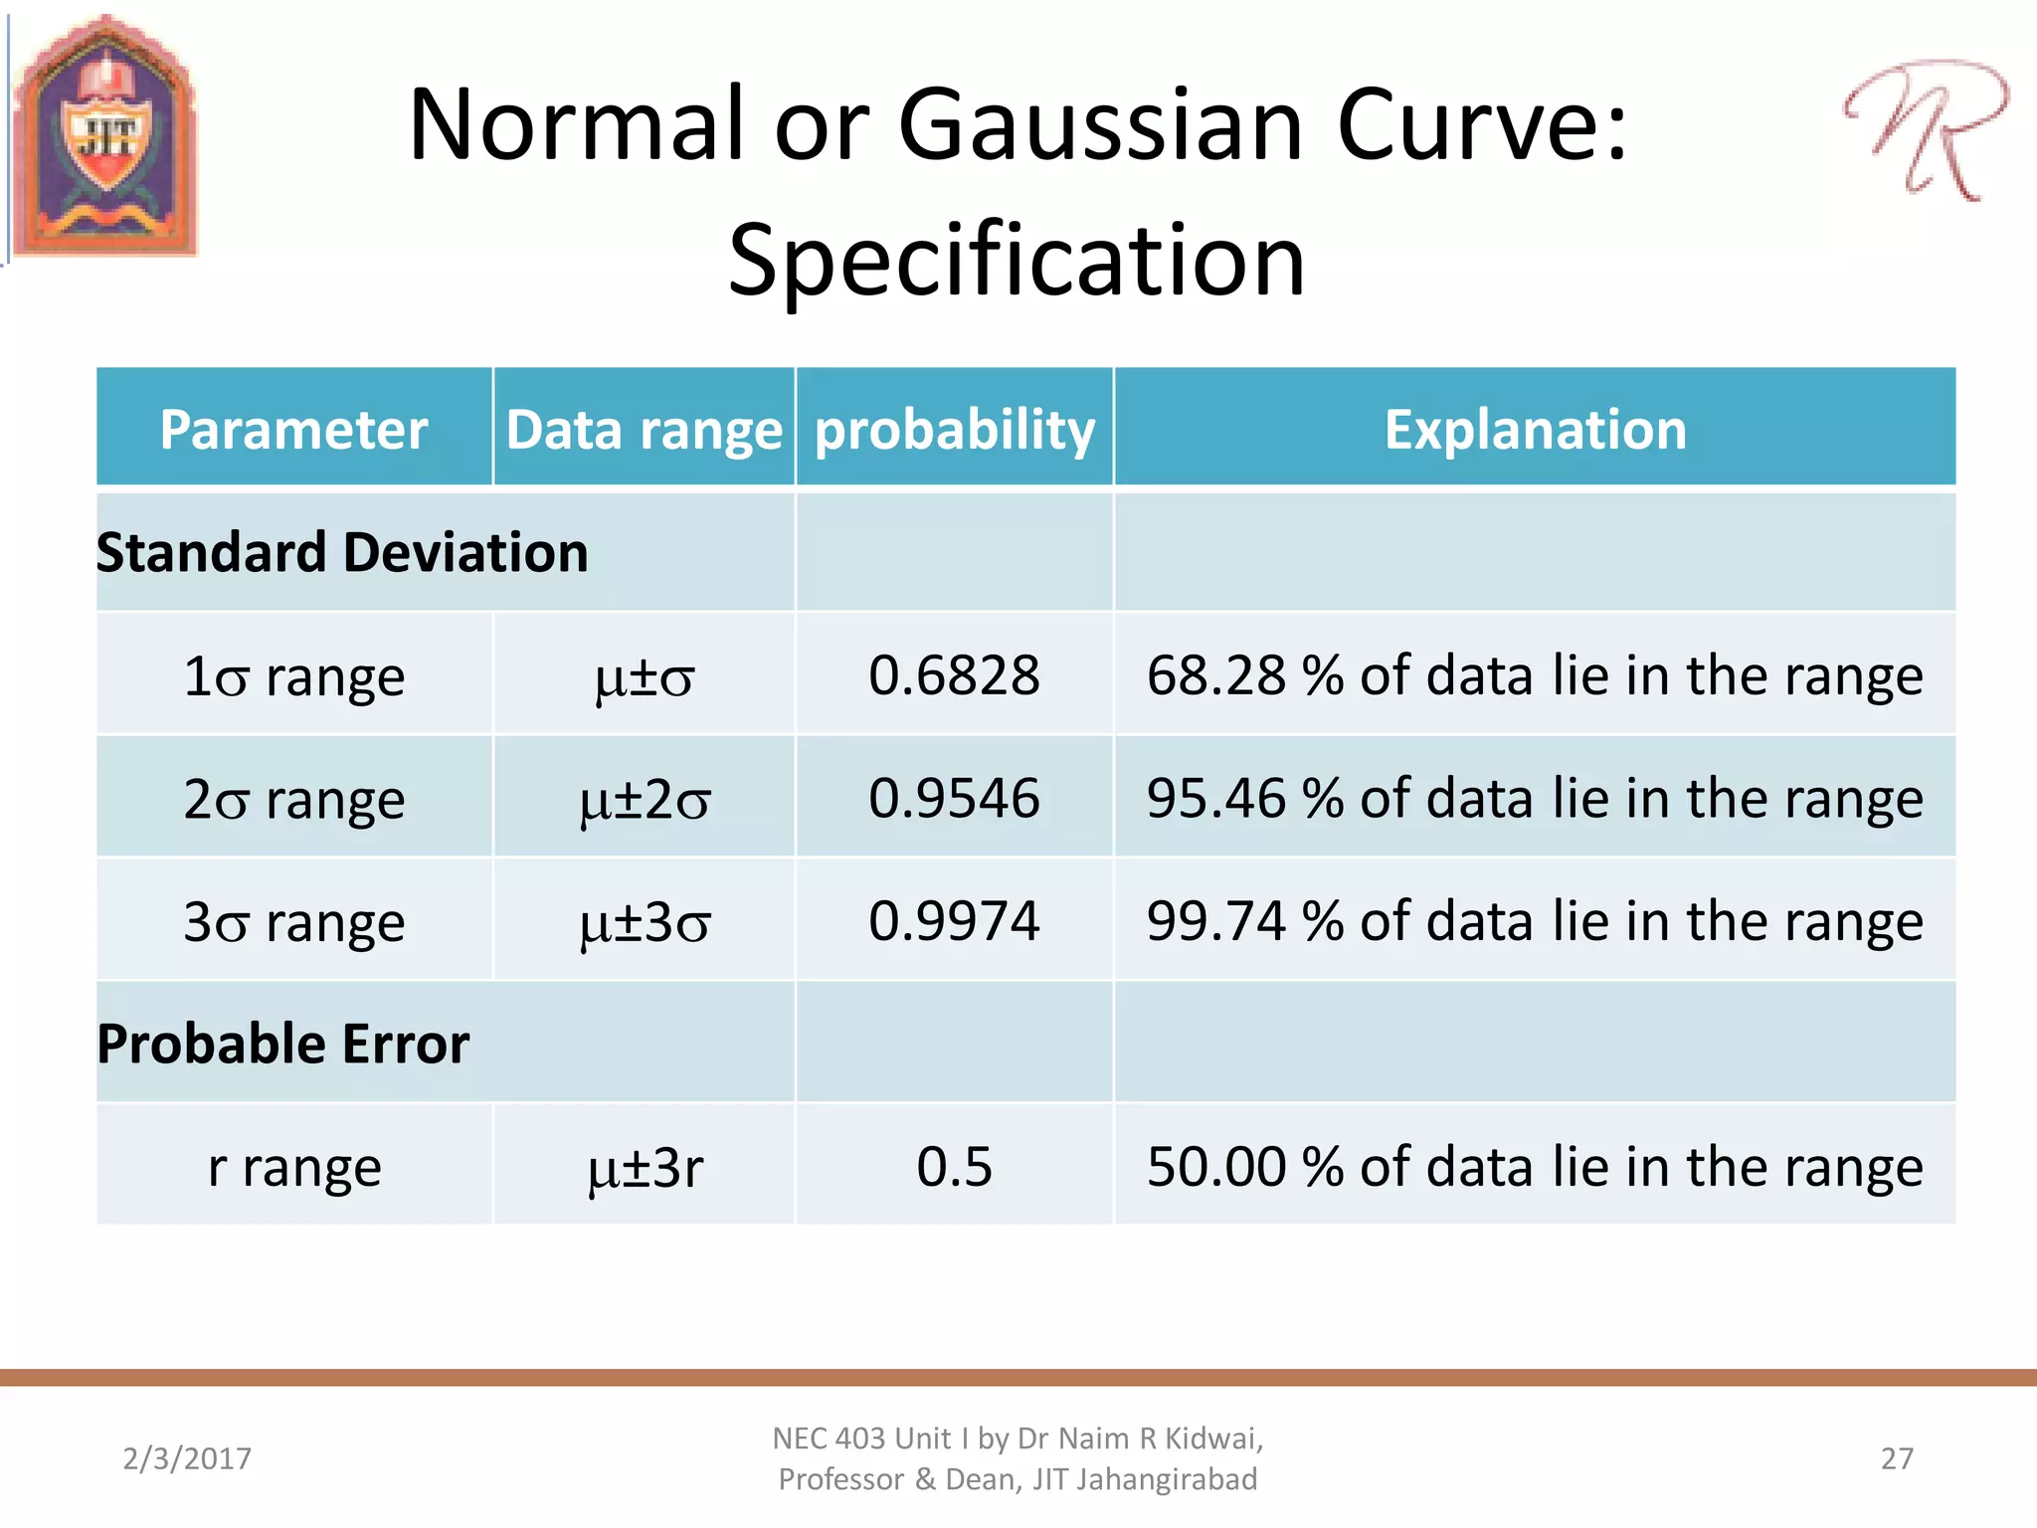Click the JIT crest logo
tap(104, 137)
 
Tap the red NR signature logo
tap(1925, 129)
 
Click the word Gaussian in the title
tap(1100, 125)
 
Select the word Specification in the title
tap(1017, 261)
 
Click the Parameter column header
tap(293, 429)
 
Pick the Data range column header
tap(644, 429)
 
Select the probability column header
tap(954, 429)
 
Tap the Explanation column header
tap(1535, 429)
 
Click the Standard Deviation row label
tap(342, 552)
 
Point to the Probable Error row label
tap(282, 1044)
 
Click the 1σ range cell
tap(293, 676)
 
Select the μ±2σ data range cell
tap(645, 799)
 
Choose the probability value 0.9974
tap(954, 920)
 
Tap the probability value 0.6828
tap(954, 675)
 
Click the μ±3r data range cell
tap(645, 1167)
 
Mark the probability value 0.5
tap(954, 1166)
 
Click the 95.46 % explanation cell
tap(1535, 798)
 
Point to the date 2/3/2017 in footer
tap(187, 1458)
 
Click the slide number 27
tap(1897, 1458)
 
